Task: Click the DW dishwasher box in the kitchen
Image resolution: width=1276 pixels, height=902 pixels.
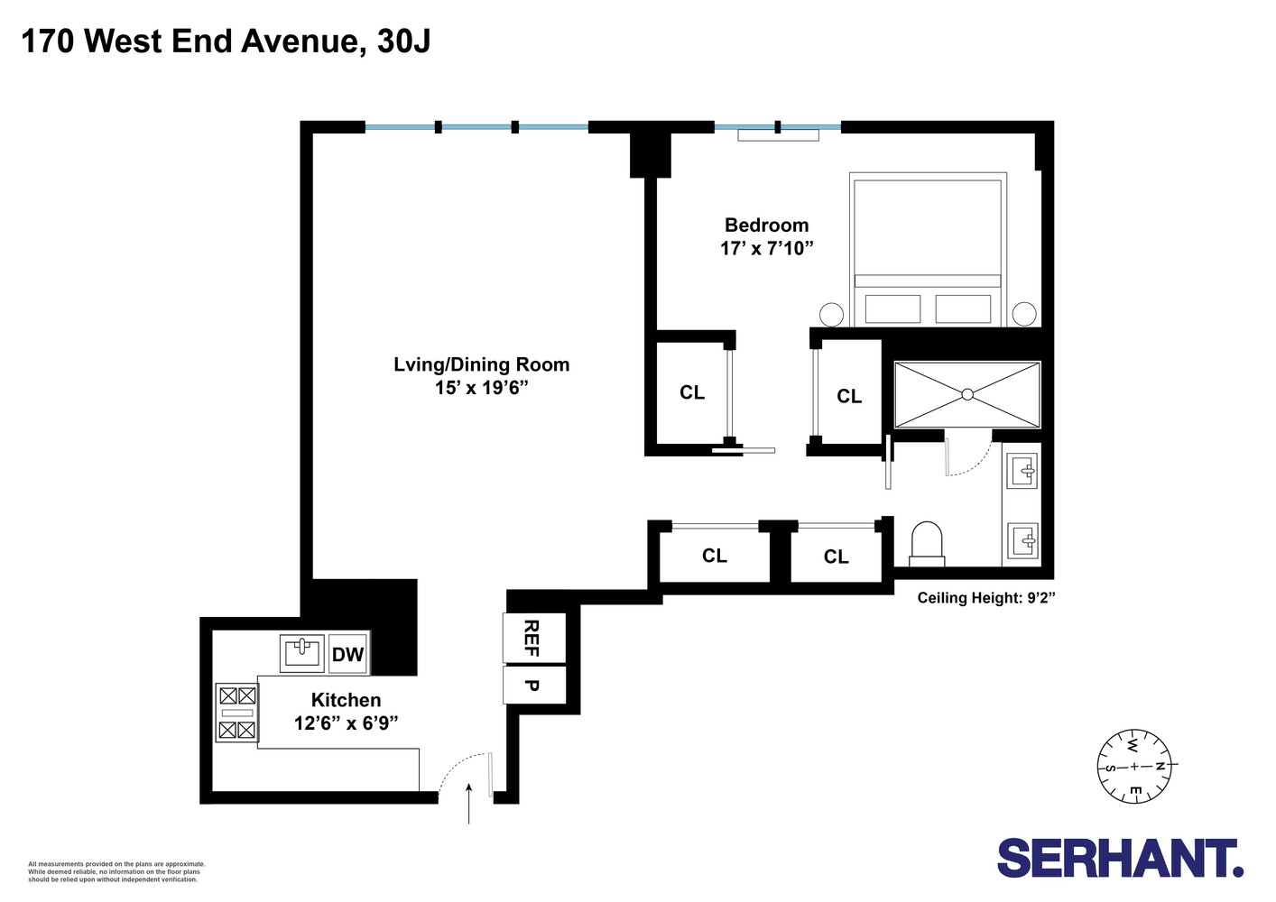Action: [347, 654]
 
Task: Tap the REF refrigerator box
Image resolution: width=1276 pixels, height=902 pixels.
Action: [533, 638]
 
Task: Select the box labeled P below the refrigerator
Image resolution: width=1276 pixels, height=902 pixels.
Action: [533, 686]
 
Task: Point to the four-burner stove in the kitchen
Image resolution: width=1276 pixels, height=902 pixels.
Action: [237, 713]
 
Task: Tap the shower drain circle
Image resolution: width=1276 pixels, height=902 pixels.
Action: [967, 394]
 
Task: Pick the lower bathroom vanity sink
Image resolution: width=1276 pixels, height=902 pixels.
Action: [1024, 541]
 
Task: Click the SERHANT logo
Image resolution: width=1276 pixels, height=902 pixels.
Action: [1120, 858]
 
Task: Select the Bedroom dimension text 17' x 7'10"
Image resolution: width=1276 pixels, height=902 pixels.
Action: [766, 248]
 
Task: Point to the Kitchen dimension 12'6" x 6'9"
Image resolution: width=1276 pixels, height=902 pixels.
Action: [346, 723]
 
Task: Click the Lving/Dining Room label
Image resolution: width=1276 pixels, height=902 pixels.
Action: [481, 364]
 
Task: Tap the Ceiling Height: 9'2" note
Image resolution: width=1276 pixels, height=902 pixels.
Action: [985, 598]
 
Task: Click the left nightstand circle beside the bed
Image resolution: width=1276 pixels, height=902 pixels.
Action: [831, 314]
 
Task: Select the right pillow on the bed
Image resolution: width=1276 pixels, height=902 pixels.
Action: [963, 308]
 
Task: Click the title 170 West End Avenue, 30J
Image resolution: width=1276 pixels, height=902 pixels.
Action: [226, 41]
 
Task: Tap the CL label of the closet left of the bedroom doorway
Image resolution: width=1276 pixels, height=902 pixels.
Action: [692, 392]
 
